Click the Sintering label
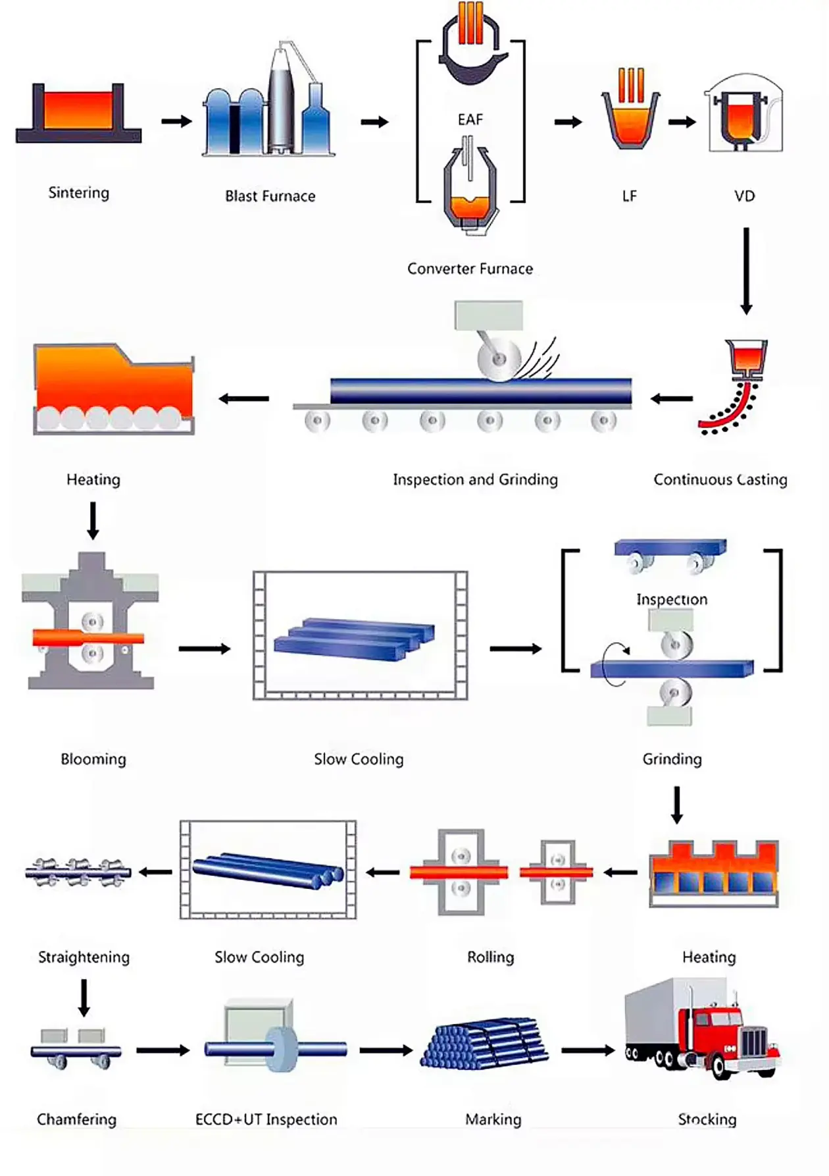coord(79,193)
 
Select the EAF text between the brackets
coord(470,119)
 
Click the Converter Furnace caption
coord(470,269)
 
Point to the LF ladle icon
coord(630,111)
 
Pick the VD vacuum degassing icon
coord(745,113)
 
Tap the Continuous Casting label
coord(720,479)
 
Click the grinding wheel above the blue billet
coord(499,360)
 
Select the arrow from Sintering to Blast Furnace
coord(176,121)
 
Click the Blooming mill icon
coord(90,621)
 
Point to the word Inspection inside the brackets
coord(672,600)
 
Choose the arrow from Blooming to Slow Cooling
coord(205,649)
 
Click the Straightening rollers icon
coord(78,872)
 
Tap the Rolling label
coord(491,957)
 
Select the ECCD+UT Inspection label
coord(266,1119)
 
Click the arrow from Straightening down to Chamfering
coord(84,998)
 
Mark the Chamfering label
coord(77,1119)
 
